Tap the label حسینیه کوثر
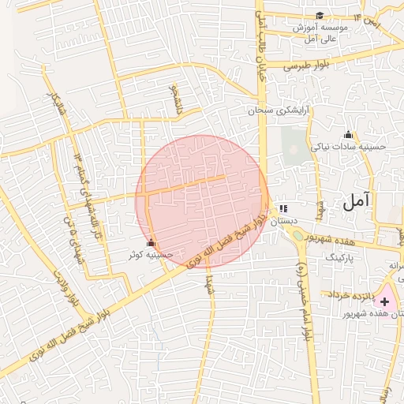tap(151, 256)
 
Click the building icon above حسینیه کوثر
tap(151, 242)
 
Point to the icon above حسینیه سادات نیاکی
tap(348, 134)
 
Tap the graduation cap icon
tap(320, 16)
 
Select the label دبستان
tap(283, 223)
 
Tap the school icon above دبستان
tap(283, 209)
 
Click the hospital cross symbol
tap(385, 301)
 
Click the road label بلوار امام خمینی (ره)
tap(302, 301)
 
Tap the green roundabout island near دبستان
tap(297, 234)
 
